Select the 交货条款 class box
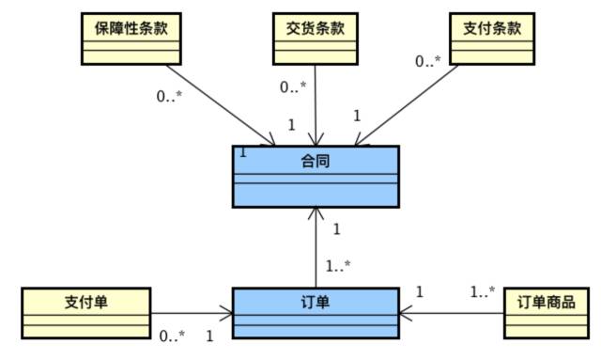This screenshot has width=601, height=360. [x=314, y=39]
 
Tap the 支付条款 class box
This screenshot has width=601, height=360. [x=491, y=39]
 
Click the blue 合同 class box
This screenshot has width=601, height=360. [x=316, y=176]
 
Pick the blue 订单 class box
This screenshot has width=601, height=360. [x=316, y=313]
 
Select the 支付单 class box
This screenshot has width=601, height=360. [x=85, y=314]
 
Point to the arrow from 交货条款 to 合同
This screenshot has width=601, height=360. [x=315, y=103]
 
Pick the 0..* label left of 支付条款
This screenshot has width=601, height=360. [x=428, y=61]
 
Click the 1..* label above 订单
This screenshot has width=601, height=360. [x=337, y=267]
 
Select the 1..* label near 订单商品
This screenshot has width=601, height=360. [x=482, y=292]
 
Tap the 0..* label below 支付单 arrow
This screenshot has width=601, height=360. [x=171, y=336]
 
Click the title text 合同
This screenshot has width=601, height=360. [x=316, y=162]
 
